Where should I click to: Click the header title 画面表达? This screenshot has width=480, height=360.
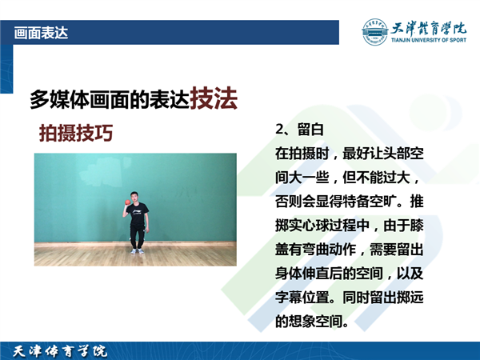point(41,33)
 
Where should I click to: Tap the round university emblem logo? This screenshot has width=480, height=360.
point(374,32)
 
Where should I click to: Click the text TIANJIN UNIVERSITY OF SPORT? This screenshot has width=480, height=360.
point(429,40)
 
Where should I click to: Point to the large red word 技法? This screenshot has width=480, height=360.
point(214,98)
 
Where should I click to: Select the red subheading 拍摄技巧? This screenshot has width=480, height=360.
point(76,133)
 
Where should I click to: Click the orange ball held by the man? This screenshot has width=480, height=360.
point(128,202)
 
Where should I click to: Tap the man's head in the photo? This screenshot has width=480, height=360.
point(134,197)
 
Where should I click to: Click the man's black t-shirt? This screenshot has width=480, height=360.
point(138,214)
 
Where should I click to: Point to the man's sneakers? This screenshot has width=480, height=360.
point(137,251)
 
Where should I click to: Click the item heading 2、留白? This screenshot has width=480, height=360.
point(299,129)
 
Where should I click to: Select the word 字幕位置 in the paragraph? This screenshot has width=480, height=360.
point(302,298)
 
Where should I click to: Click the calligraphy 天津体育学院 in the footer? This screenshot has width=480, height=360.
point(60,351)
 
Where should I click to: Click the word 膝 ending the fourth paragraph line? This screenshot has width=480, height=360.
point(417,226)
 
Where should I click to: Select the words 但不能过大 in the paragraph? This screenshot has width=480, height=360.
point(376,178)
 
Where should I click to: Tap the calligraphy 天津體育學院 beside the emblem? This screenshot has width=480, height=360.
point(429,28)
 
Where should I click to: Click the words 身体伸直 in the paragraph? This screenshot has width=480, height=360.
point(302,274)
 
